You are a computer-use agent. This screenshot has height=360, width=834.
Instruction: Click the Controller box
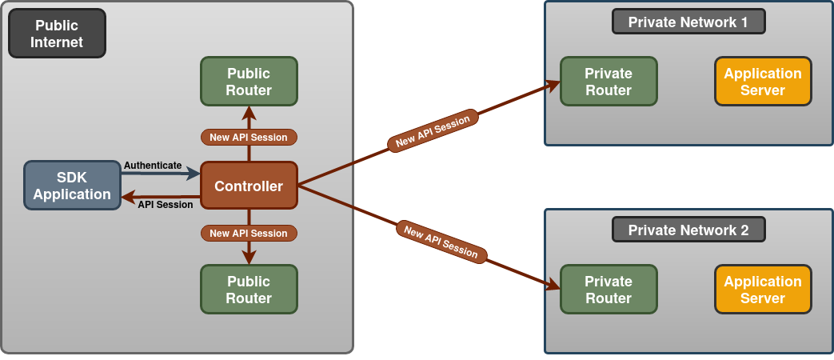249,186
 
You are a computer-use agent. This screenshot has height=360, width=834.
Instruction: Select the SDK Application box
72,186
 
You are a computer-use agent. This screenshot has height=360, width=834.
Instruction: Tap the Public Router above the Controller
249,82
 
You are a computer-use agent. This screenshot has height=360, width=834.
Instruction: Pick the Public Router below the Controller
249,290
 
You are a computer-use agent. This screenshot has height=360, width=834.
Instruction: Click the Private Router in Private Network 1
609,82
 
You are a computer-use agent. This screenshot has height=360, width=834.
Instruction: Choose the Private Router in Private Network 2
609,290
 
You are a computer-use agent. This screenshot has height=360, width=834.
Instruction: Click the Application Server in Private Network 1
763,82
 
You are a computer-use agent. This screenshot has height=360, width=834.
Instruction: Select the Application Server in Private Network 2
763,290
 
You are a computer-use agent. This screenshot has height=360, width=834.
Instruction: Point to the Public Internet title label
57,34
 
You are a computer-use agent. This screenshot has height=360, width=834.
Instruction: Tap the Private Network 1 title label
688,22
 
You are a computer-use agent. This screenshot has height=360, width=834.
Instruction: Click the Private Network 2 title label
688,230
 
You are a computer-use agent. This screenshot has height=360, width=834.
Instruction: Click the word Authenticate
153,165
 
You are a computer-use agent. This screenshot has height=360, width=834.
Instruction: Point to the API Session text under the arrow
166,205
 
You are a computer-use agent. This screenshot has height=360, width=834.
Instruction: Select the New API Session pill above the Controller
249,138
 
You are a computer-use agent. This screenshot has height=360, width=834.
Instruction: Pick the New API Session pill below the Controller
249,234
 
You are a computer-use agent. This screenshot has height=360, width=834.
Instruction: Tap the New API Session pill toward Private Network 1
433,130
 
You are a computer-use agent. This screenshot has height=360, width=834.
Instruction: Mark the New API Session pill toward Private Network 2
441,242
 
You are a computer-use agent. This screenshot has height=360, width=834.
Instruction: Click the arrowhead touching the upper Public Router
249,111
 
